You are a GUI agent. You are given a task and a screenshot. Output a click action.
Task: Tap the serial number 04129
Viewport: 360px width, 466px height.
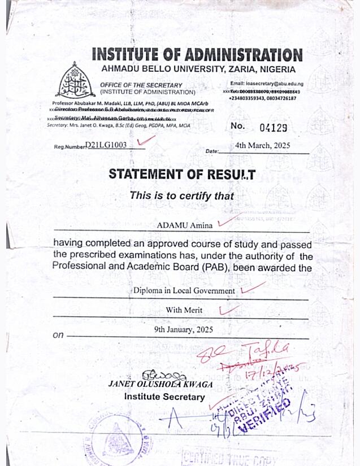[x=274, y=127]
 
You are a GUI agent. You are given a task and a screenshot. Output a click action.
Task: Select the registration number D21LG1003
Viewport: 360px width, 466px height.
[x=106, y=145]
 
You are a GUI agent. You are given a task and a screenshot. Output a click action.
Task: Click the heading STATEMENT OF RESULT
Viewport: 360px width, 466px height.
[x=182, y=175]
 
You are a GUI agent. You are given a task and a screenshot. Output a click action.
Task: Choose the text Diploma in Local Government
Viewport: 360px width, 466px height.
[x=184, y=290]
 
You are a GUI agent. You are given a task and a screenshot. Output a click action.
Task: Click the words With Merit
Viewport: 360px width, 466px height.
[x=184, y=310]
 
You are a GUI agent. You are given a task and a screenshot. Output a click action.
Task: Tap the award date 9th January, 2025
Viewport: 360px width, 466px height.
[x=184, y=330]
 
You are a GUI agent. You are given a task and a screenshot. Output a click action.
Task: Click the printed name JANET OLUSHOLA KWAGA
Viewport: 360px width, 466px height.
[x=161, y=384]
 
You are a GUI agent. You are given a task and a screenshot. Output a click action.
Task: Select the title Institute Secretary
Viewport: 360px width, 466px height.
[x=164, y=397]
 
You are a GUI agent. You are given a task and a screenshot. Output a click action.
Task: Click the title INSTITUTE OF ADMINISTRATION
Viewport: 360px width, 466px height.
[x=197, y=55]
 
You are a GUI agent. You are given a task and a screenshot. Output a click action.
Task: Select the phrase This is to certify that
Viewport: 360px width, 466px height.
[x=181, y=196]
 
